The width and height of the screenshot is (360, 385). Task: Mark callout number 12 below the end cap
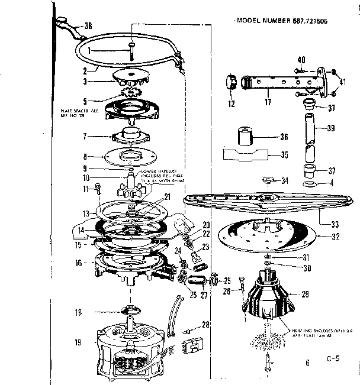pyautogui.click(x=230, y=105)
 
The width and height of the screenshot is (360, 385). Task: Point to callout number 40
pyautogui.click(x=300, y=60)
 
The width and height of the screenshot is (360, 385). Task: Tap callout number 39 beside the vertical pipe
pyautogui.click(x=331, y=128)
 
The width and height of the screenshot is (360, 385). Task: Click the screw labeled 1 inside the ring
pyautogui.click(x=131, y=52)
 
